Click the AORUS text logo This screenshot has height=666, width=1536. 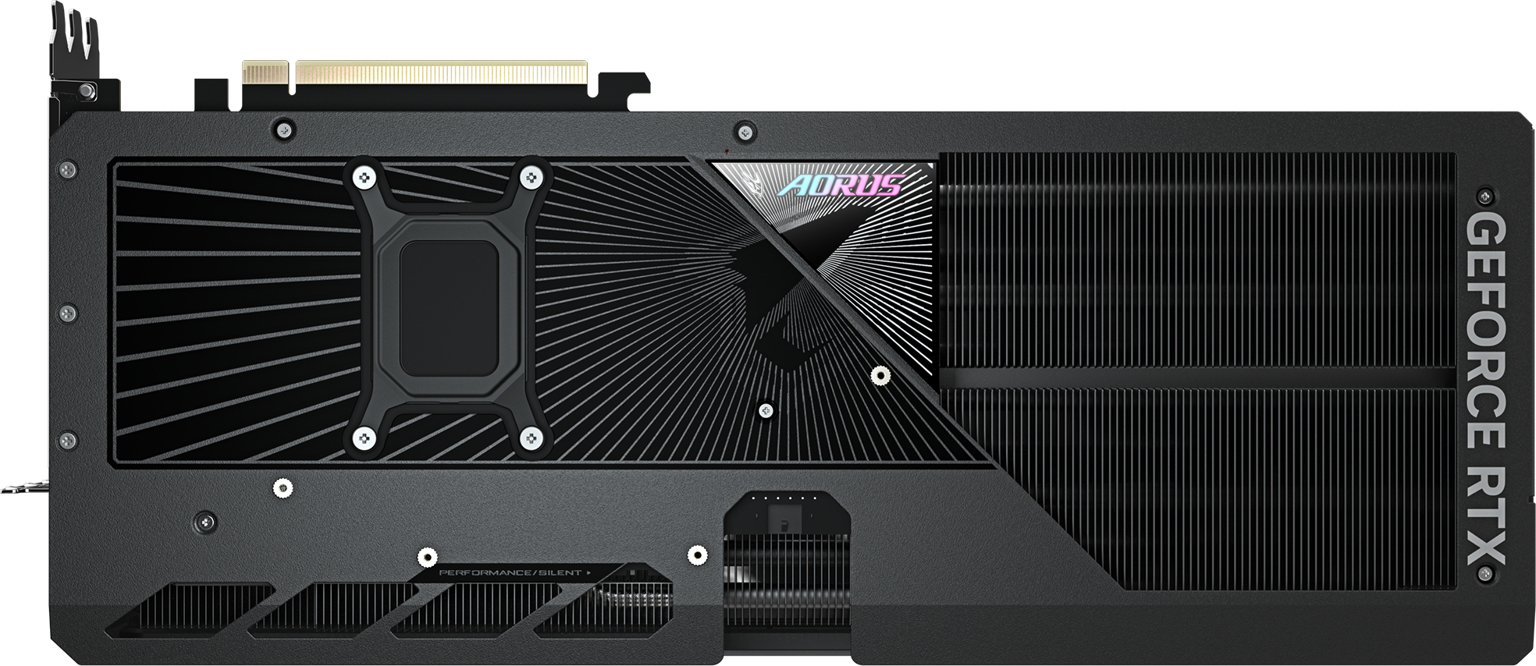841,186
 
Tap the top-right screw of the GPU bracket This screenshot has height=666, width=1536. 532,178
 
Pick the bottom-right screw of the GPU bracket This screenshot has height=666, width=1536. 532,438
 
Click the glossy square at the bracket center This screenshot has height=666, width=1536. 448,308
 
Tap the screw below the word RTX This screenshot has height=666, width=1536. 1485,575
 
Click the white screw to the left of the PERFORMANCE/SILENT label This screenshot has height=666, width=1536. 426,557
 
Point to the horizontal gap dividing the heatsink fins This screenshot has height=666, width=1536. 1198,377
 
